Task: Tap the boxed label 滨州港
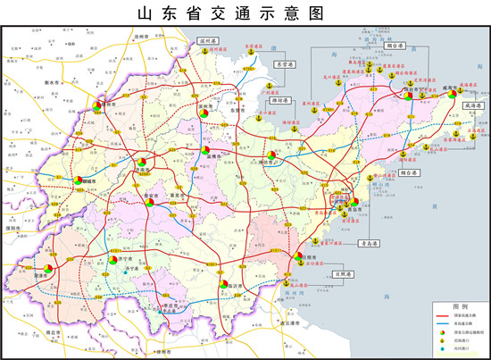tap(209, 40)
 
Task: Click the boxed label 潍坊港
tap(279, 100)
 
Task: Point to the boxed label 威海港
tap(472, 105)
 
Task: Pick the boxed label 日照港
tap(342, 274)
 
